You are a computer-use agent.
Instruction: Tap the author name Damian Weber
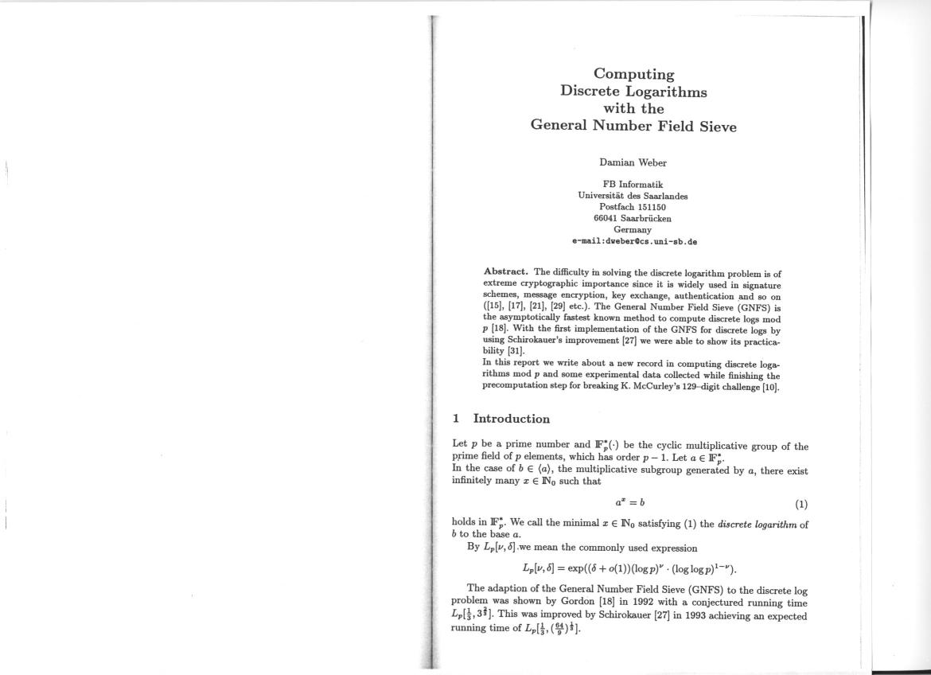tap(633, 162)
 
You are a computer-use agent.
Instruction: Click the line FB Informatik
tap(633, 185)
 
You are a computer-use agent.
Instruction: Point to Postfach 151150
tap(633, 207)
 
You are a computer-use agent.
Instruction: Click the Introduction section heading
tap(511, 419)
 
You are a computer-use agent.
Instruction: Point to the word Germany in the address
tap(633, 229)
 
